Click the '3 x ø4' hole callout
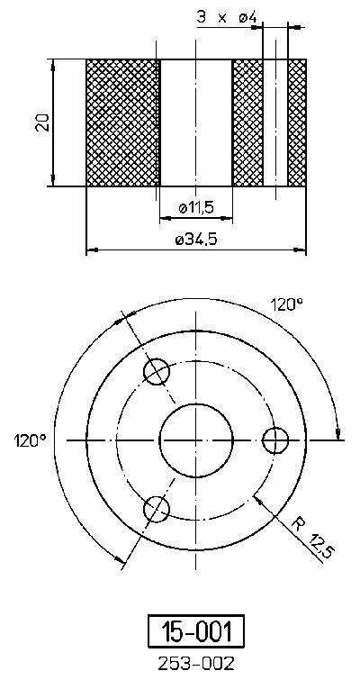point(226,16)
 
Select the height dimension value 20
point(41,122)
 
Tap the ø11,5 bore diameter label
point(195,208)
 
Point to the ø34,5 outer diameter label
point(195,240)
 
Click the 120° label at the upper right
point(287,304)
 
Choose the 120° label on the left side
point(30,440)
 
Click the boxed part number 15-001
point(195,631)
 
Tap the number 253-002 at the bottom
point(195,664)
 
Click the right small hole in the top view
point(275,440)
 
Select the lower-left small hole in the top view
point(157,510)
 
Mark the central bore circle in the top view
point(196,440)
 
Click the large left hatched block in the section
point(121,122)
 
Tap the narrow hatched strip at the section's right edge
point(297,122)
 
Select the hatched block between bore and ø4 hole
point(247,122)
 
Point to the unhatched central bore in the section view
point(195,122)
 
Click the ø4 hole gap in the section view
point(275,122)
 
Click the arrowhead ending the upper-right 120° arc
point(337,431)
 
